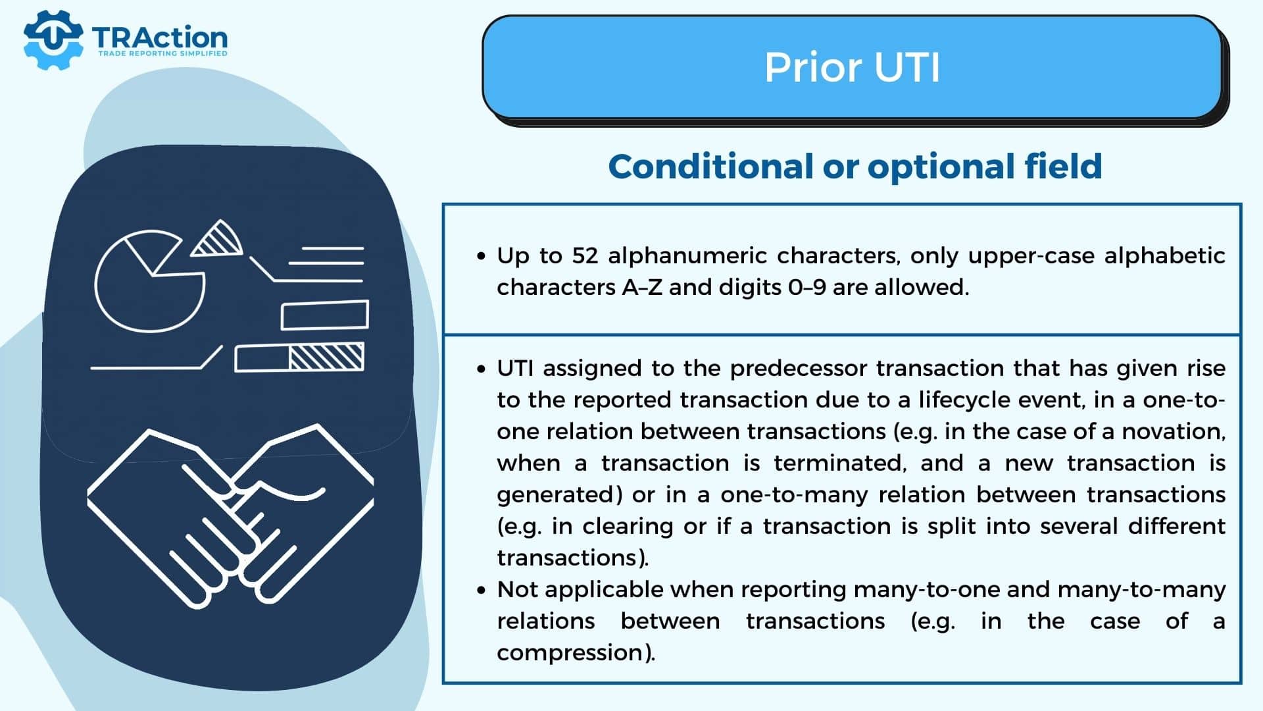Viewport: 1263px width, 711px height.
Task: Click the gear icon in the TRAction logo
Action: click(x=53, y=39)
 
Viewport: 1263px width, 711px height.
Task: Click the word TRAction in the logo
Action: click(x=160, y=38)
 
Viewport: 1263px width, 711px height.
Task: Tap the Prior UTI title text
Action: click(x=852, y=67)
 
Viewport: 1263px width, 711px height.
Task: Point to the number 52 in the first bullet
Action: click(x=585, y=255)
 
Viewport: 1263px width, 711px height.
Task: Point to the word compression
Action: click(x=570, y=653)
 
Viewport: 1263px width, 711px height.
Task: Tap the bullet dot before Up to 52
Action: click(x=481, y=256)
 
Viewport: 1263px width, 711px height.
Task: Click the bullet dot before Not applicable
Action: click(x=481, y=591)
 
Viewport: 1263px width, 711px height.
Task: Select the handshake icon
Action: click(x=230, y=517)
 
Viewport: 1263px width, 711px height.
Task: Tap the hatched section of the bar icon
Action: click(x=326, y=357)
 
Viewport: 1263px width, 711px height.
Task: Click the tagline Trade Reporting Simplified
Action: click(x=162, y=53)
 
